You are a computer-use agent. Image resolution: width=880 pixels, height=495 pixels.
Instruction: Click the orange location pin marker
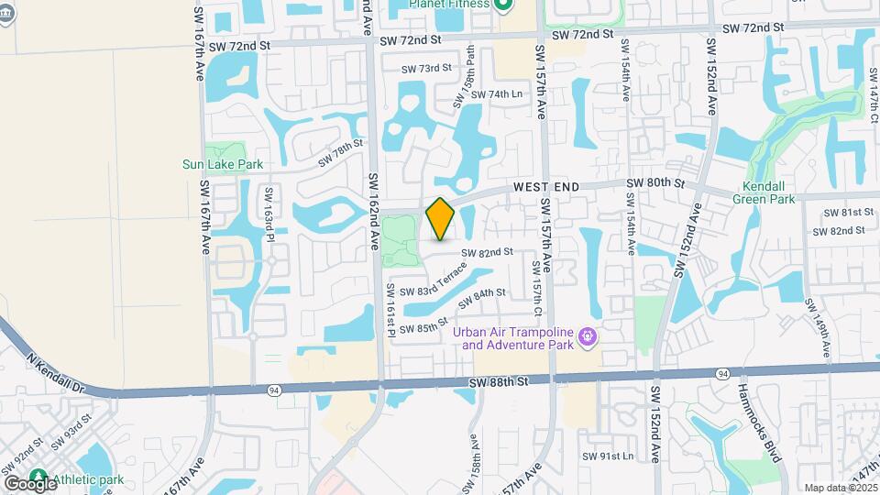click(x=441, y=219)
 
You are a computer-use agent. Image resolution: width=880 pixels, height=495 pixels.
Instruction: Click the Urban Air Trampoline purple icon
click(x=588, y=338)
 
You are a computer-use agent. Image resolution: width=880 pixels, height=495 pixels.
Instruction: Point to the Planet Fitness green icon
click(x=503, y=5)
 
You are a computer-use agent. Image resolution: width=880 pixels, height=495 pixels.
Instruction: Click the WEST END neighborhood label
click(x=545, y=186)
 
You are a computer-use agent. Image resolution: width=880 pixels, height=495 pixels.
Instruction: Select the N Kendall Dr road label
click(x=55, y=373)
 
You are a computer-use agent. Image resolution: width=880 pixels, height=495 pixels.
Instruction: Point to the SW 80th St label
click(x=655, y=183)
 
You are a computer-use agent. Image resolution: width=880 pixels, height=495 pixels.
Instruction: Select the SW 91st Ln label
click(x=608, y=456)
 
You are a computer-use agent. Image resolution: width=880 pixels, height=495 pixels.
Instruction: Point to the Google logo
click(x=29, y=483)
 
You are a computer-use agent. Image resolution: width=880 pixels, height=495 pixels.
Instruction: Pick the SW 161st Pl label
click(x=390, y=309)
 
